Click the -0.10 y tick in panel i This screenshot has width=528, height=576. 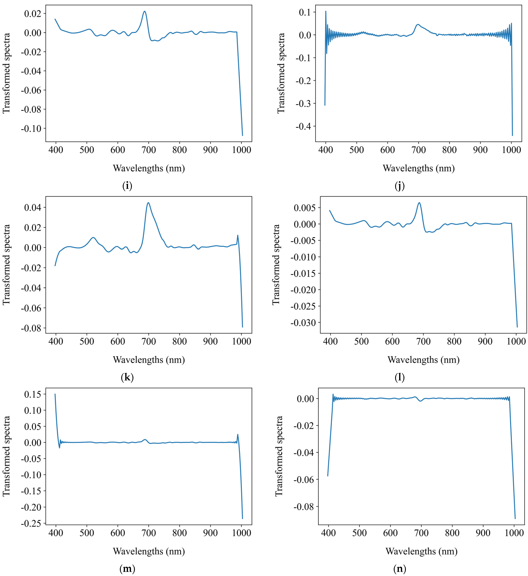(31, 128)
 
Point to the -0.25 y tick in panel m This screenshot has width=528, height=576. (31, 523)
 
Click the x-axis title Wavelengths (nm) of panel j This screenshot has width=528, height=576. (419, 168)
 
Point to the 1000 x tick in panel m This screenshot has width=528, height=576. (241, 533)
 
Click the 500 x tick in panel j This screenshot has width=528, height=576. (357, 150)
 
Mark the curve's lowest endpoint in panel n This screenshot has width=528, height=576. (515, 519)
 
